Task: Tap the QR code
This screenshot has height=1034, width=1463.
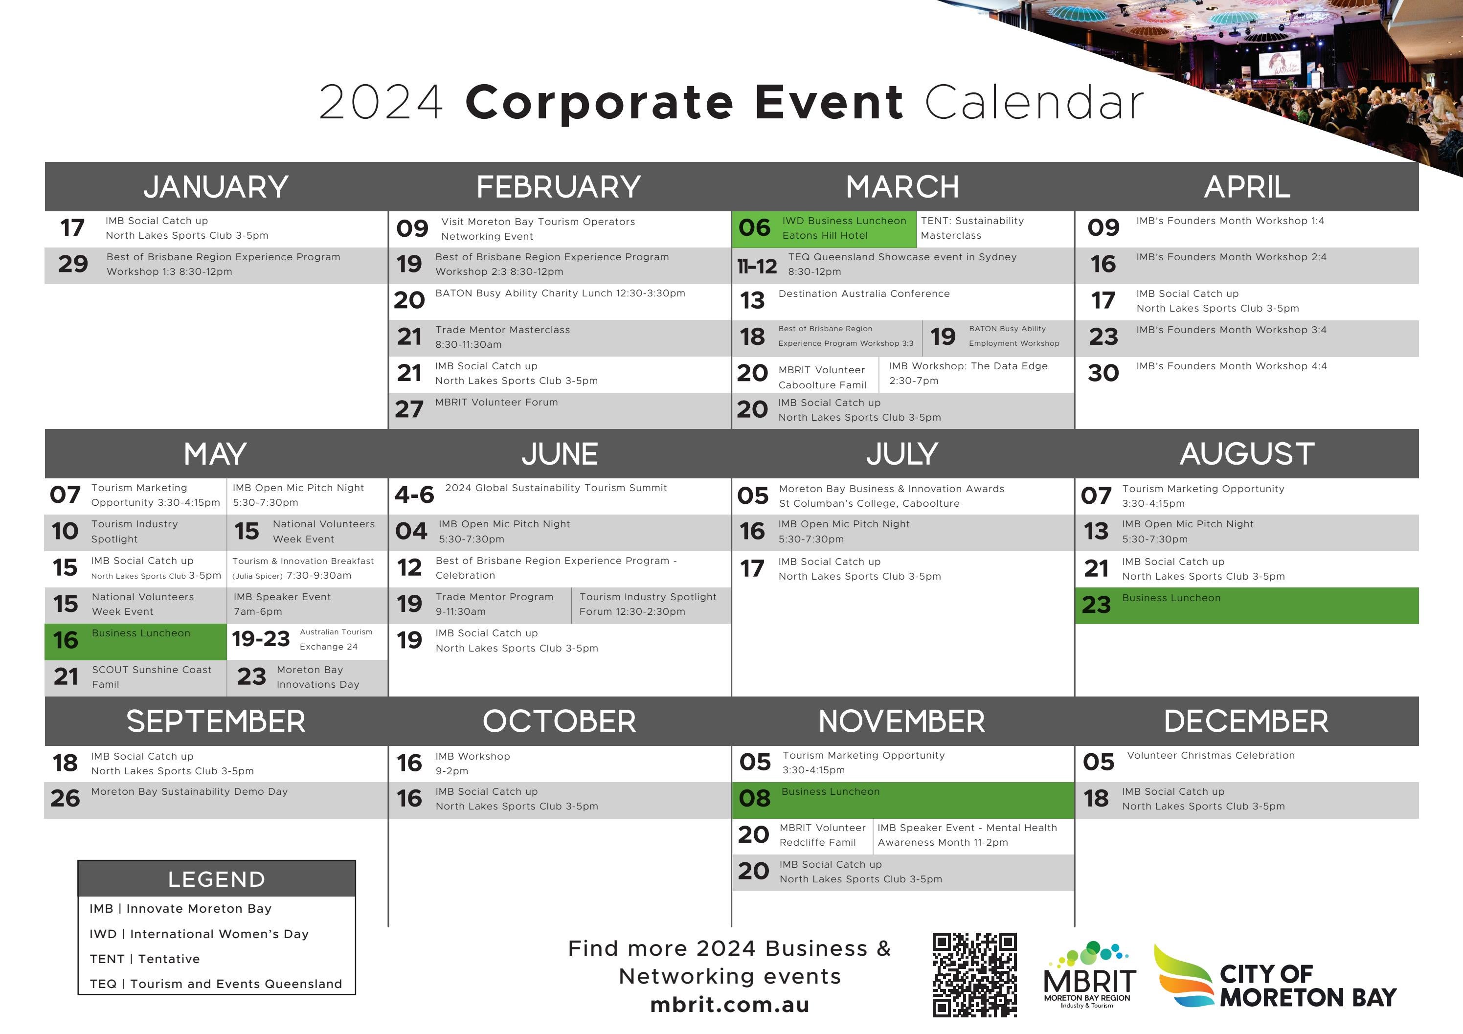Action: pos(974,974)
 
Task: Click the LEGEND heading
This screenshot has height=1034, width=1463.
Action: pos(217,879)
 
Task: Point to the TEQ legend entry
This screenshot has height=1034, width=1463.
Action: pos(215,984)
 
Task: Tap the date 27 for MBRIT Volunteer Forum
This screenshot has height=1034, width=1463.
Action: pos(409,409)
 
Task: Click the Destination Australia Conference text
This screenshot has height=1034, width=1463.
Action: pos(863,293)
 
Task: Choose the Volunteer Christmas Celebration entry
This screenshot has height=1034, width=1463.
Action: pos(1210,756)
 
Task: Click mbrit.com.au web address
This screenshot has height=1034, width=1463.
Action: pos(730,1005)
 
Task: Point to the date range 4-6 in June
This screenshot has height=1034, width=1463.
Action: pos(414,495)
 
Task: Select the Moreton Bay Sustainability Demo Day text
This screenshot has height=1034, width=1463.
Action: pos(189,792)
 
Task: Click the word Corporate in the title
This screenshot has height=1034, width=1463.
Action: pos(599,102)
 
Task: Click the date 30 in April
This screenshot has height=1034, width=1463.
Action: pos(1103,373)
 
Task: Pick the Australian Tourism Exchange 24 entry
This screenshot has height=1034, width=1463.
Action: pos(336,639)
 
